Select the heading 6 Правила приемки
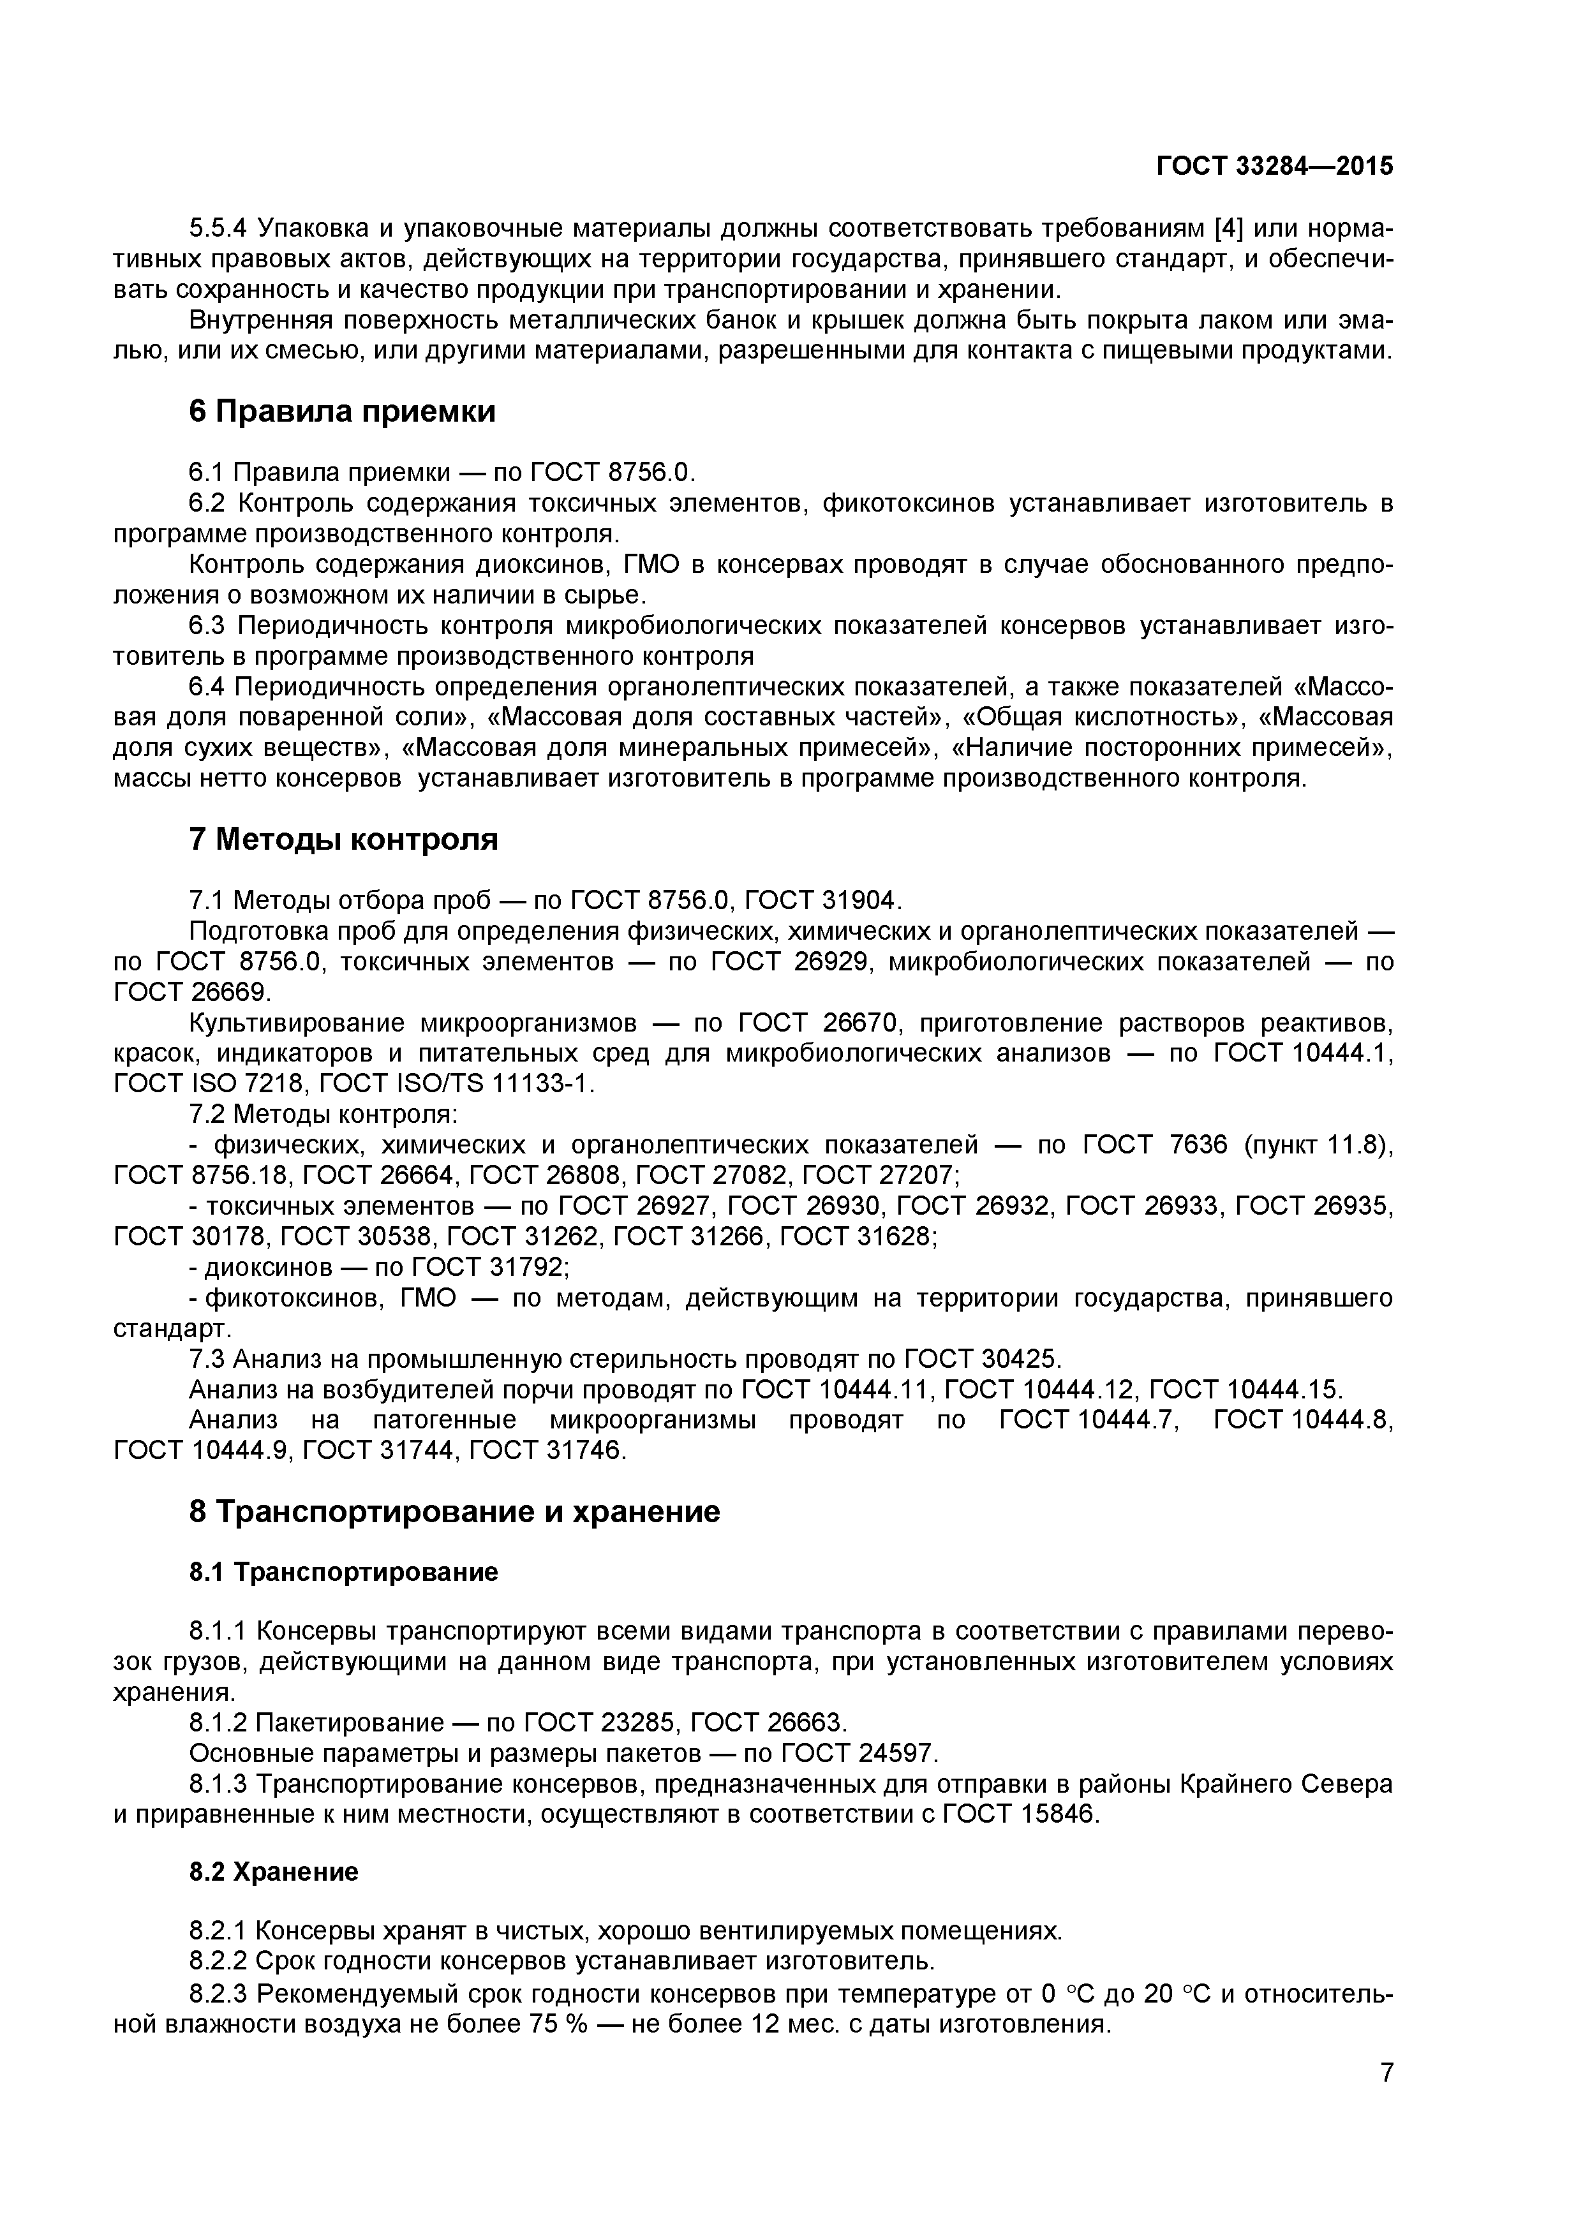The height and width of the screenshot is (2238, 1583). (x=342, y=412)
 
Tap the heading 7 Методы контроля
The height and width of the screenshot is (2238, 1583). (x=343, y=840)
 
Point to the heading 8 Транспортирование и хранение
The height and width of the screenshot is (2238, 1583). (x=454, y=1512)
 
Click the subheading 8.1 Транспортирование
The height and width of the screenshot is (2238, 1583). (x=343, y=1572)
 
